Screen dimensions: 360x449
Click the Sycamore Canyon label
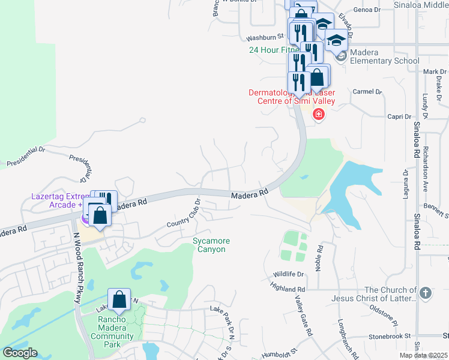(211, 245)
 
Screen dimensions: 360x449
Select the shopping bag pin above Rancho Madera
(119, 299)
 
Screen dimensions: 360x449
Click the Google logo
(20, 353)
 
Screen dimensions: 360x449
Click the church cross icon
(425, 293)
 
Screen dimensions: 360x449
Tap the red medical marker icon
(318, 115)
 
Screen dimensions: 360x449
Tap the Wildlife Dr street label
(289, 274)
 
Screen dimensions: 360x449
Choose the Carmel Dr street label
(367, 92)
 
